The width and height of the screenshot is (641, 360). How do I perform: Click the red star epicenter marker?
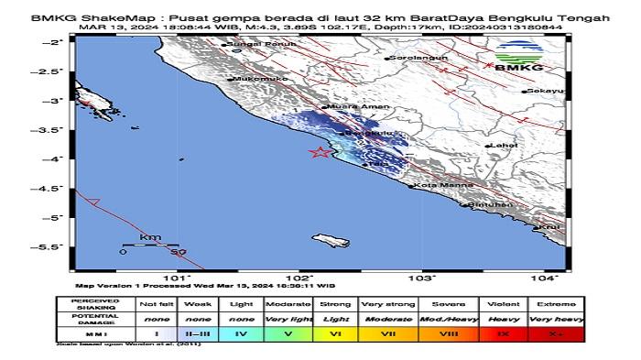point(320,153)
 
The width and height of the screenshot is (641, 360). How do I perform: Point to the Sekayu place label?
point(542,92)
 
